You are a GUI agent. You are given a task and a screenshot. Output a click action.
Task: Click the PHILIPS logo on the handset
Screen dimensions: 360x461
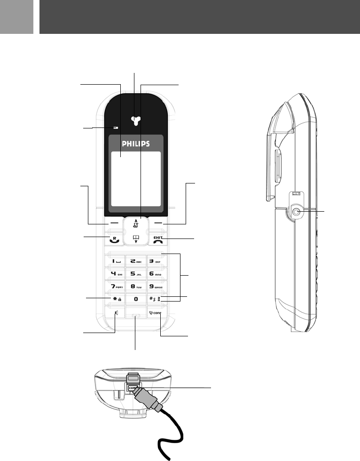point(135,143)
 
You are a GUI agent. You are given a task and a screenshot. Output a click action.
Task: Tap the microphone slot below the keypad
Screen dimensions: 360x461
point(136,316)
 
